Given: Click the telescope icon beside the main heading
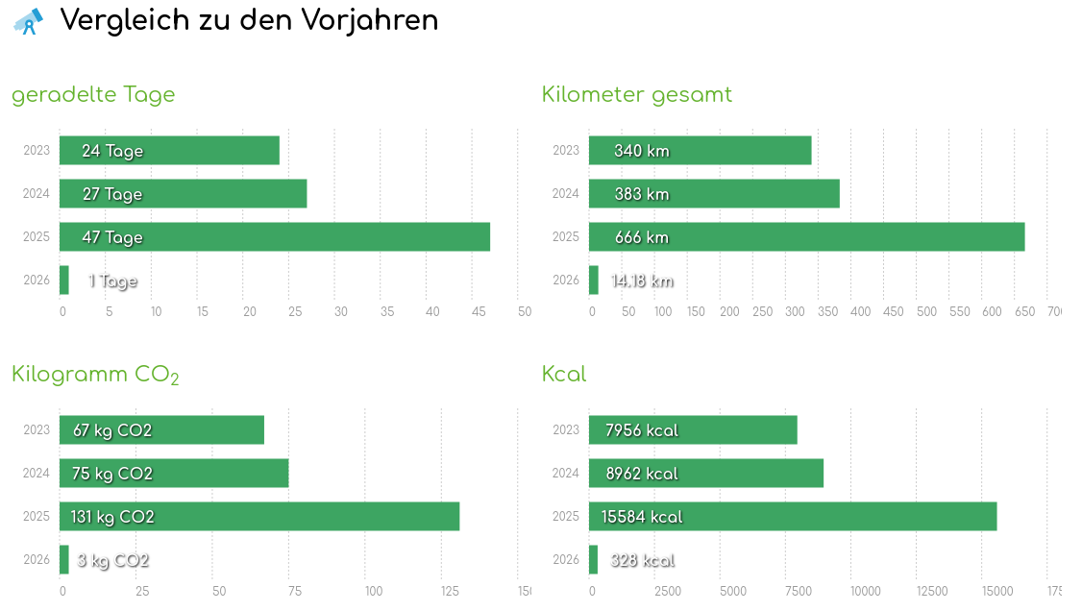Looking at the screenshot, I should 28,21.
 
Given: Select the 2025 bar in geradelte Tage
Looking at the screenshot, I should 275,237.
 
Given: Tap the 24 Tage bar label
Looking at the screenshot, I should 112,151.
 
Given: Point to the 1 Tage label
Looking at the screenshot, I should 112,281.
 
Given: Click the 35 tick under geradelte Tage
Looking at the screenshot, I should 341,311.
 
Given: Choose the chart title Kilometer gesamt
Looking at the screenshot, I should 636,94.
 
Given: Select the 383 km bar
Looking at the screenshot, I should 714,194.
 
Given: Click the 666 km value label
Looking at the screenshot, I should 642,237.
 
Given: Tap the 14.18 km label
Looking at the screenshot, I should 642,281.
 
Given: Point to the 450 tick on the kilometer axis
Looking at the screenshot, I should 893,311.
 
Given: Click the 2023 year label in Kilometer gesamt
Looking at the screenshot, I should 566,150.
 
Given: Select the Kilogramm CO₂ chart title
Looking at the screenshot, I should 95,375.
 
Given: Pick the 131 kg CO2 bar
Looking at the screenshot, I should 259,517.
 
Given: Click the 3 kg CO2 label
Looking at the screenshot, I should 113,561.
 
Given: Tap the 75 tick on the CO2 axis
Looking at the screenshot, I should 295,591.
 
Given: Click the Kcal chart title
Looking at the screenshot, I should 564,374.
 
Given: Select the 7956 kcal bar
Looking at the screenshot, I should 693,430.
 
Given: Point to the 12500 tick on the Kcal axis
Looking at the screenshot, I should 932,591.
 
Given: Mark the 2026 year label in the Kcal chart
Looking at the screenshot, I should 566,559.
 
